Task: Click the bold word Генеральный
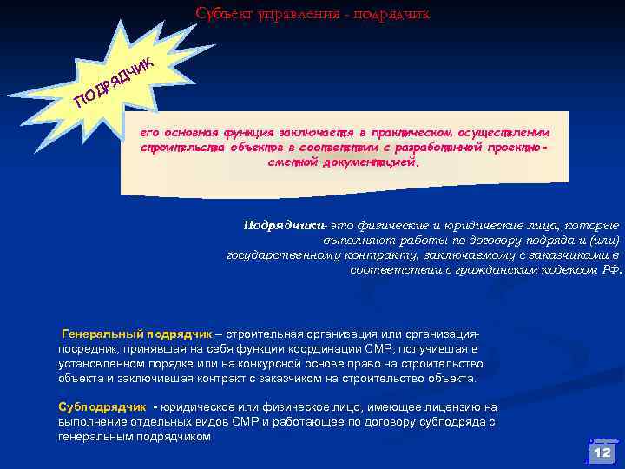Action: (102, 334)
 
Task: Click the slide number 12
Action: (602, 452)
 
